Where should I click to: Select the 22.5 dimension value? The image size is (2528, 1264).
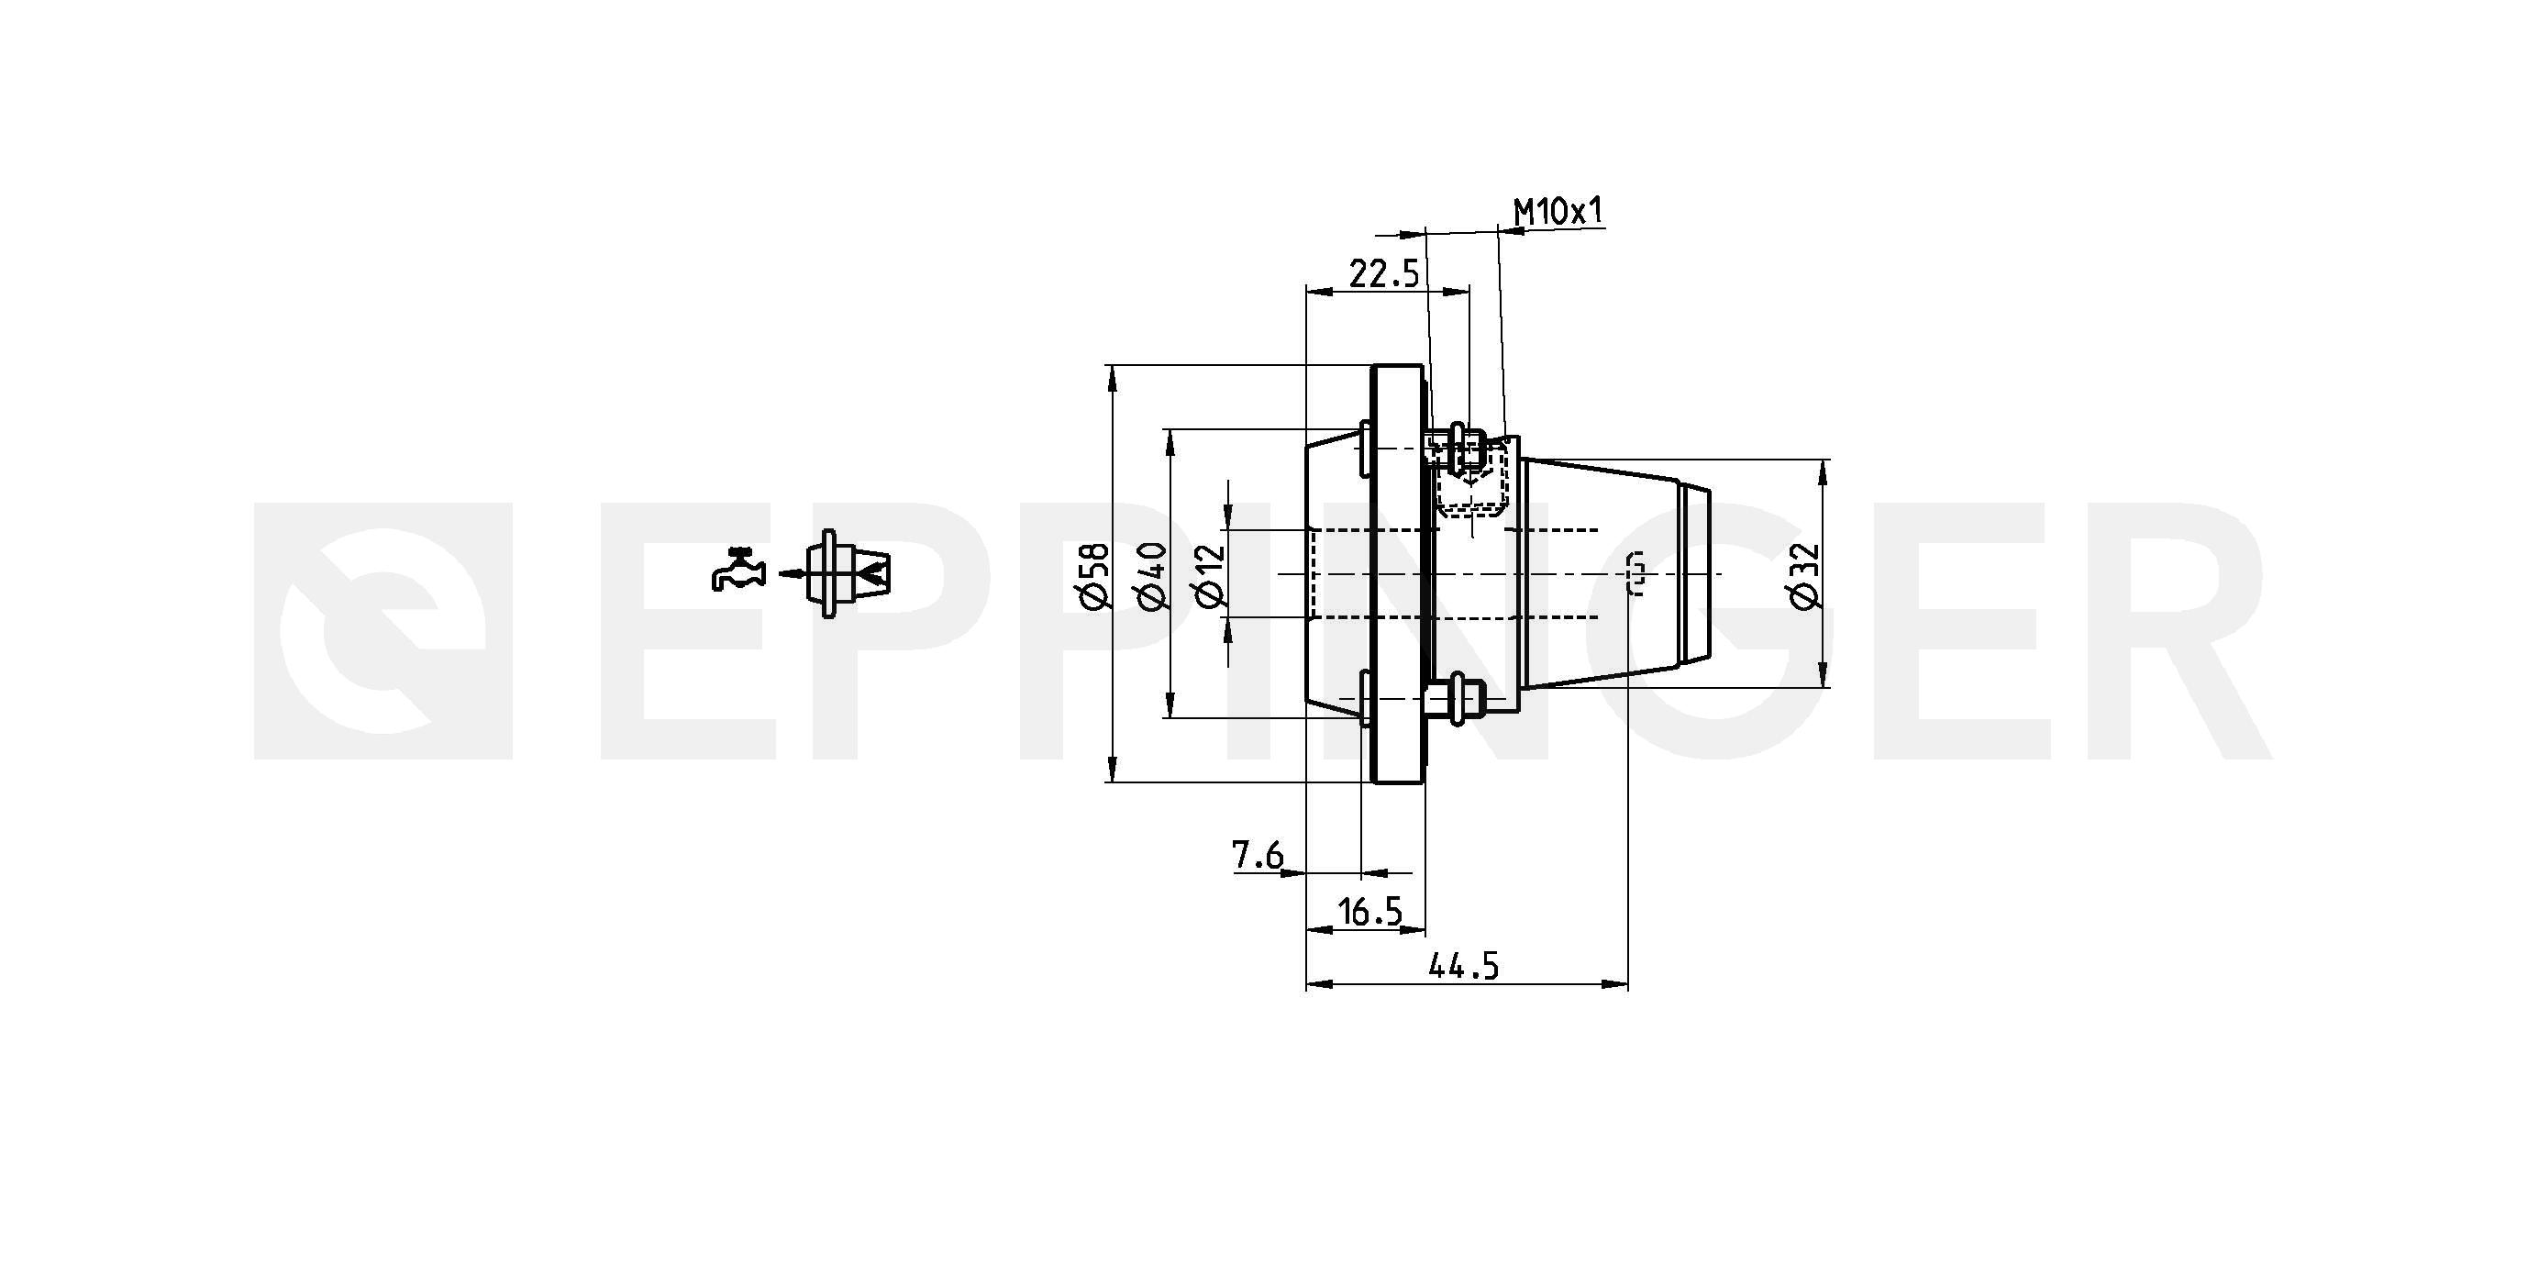pos(1384,273)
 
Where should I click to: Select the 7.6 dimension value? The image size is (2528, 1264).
pos(1258,856)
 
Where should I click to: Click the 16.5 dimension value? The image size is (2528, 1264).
pos(1370,913)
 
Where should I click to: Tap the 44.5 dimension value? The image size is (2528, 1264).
pos(1463,968)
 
